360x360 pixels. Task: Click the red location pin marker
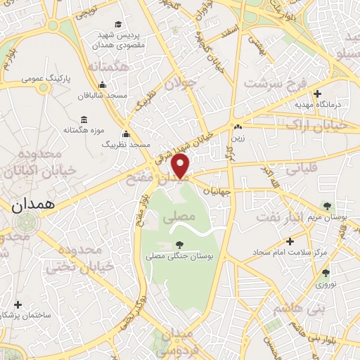click(181, 166)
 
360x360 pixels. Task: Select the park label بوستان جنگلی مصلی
click(179, 257)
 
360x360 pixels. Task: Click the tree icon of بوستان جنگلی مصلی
click(179, 245)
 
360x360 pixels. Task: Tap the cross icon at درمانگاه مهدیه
click(318, 93)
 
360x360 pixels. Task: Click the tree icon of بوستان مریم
click(326, 205)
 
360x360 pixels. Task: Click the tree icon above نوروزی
click(325, 273)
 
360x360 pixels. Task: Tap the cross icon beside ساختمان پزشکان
click(18, 305)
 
